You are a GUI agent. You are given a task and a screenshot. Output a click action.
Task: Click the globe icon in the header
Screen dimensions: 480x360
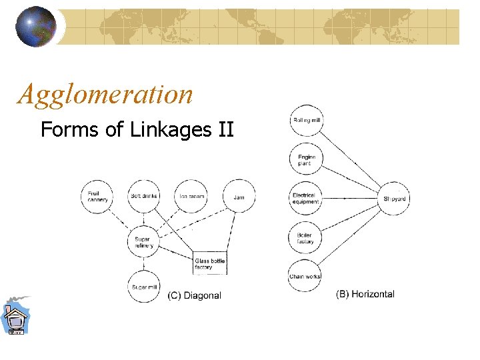tap(36, 27)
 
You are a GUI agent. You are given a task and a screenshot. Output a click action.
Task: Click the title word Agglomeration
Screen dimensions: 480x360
tap(105, 94)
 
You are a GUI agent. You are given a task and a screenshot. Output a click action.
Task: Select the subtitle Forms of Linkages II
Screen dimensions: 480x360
tap(137, 129)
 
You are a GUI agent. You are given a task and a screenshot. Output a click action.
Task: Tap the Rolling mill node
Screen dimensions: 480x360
tap(307, 121)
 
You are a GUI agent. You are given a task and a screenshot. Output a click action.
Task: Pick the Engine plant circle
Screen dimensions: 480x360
tap(306, 160)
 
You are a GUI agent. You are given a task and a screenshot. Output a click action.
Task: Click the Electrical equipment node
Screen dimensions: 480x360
tap(306, 199)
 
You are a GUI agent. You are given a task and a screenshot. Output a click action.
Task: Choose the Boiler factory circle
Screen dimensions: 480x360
tap(305, 238)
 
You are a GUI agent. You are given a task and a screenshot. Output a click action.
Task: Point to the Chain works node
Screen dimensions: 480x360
tap(305, 276)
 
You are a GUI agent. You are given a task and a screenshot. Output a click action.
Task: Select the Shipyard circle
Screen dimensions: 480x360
tap(395, 199)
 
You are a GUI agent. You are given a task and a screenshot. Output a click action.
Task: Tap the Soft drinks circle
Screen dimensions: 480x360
tap(143, 196)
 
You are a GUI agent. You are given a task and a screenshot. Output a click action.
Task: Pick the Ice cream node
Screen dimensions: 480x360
tap(191, 196)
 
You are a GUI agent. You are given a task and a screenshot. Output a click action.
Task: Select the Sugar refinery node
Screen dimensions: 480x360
tap(143, 242)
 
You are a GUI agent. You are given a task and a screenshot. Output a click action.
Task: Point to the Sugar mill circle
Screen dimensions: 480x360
tap(143, 287)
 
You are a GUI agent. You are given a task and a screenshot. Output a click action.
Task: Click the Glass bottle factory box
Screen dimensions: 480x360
tap(210, 264)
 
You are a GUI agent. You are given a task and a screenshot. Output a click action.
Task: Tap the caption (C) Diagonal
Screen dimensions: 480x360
tap(194, 295)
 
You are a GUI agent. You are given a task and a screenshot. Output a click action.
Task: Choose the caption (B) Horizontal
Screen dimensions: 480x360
tap(365, 293)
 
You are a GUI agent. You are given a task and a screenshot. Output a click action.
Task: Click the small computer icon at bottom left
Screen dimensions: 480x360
tap(15, 317)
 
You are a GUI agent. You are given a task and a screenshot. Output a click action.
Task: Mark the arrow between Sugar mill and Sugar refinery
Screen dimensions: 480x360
tap(143, 265)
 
